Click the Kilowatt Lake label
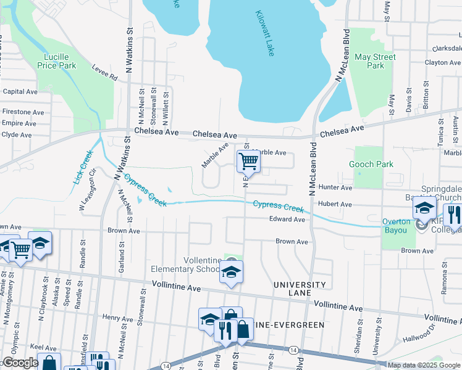pyautogui.click(x=264, y=34)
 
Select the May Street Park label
pyautogui.click(x=375, y=61)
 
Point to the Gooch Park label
pyautogui.click(x=371, y=164)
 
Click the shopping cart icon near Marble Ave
pyautogui.click(x=248, y=162)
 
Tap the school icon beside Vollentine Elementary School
pyautogui.click(x=231, y=272)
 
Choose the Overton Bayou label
pyautogui.click(x=396, y=226)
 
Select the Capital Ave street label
pyautogui.click(x=20, y=91)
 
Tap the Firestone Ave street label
pyautogui.click(x=23, y=112)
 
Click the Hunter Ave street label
pyautogui.click(x=335, y=187)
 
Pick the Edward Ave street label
pyautogui.click(x=287, y=220)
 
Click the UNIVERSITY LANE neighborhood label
pyautogui.click(x=300, y=289)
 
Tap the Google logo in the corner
pyautogui.click(x=20, y=363)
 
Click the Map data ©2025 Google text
pyautogui.click(x=423, y=365)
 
